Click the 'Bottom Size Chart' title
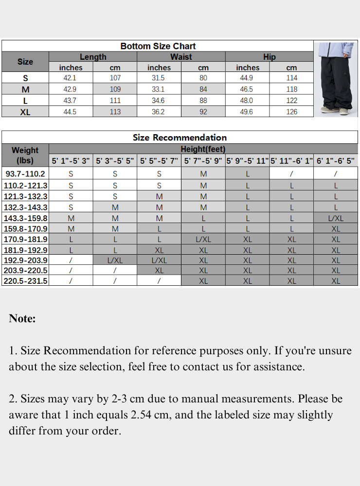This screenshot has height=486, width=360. [158, 46]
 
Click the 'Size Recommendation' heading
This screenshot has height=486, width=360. [180, 138]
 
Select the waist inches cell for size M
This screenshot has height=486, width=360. [159, 89]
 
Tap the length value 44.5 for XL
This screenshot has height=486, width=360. [71, 112]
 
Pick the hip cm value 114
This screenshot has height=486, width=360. [291, 78]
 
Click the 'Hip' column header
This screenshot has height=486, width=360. [270, 57]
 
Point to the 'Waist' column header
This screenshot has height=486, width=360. [181, 57]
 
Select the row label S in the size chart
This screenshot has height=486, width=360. [25, 78]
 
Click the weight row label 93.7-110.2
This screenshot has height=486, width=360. [25, 174]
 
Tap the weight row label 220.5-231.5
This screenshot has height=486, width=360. [25, 281]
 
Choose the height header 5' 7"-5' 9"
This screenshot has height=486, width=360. [203, 161]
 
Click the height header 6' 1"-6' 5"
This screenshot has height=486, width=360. [336, 161]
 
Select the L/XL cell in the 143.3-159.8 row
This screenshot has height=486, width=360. [336, 218]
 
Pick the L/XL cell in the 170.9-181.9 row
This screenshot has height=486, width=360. [203, 240]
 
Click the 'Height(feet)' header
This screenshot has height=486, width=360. [203, 149]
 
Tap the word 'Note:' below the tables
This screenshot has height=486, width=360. [22, 319]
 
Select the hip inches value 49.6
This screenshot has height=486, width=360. [247, 112]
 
